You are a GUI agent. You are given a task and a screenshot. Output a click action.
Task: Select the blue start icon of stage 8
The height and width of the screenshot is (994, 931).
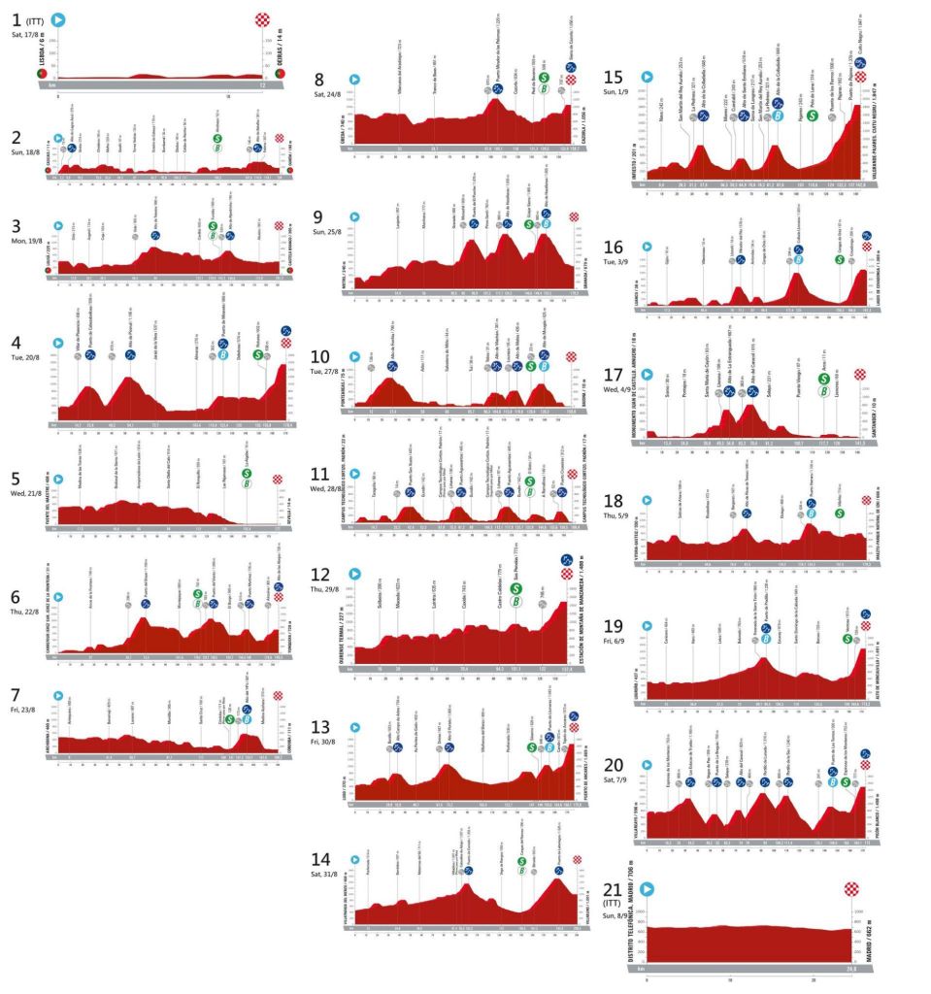click(x=355, y=81)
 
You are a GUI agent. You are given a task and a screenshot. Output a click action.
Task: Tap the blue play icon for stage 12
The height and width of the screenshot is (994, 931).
click(x=355, y=575)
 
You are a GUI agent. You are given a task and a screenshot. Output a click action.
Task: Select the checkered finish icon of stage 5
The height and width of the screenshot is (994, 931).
click(x=279, y=480)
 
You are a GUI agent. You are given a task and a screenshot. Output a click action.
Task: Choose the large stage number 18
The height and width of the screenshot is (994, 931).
click(x=615, y=501)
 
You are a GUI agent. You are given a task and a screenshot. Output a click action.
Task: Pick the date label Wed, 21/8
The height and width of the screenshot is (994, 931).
click(x=25, y=492)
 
